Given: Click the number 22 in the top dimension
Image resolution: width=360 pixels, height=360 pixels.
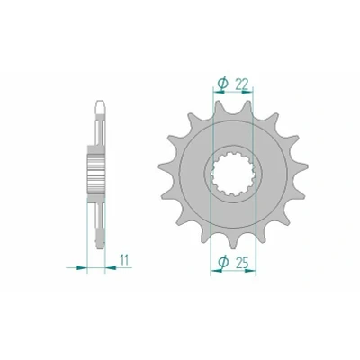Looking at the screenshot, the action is pos(242,85).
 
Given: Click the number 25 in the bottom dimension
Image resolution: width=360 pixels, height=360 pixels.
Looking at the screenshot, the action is pos(242,263).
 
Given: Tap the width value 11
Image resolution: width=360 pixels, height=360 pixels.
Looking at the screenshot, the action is pos(124,260).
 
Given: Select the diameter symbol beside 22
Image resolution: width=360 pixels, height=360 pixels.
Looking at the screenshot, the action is pos(222,85).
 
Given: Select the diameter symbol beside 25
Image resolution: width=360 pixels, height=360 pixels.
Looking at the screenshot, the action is pos(223,262).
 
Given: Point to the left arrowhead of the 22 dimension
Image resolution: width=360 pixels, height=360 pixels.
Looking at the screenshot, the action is pos(218,92).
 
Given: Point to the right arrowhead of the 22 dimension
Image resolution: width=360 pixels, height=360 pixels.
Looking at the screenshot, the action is pos(247,92).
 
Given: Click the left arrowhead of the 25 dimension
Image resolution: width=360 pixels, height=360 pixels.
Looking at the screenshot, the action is pos(216,271).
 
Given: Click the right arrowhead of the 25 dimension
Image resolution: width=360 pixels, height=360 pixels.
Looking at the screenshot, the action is pos(250,271).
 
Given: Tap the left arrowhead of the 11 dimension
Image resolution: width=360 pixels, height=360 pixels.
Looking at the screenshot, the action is pos(82,267).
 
